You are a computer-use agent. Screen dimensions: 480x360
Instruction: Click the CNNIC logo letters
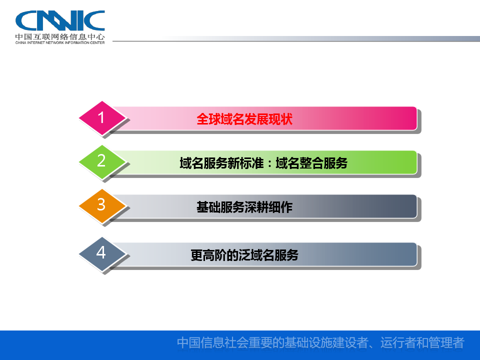tap(60, 20)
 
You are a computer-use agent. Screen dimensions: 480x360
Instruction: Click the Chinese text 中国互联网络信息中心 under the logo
tap(60, 36)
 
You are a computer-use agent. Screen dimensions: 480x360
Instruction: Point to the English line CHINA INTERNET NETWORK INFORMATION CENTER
tap(60, 42)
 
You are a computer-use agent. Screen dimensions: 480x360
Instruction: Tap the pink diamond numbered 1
tap(102, 118)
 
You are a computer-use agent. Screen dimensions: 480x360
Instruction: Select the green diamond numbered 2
tap(102, 161)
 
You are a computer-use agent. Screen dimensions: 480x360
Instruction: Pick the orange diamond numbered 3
tap(102, 205)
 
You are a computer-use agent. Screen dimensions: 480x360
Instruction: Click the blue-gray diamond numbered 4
tap(102, 254)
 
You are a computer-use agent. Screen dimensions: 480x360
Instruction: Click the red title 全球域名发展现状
tap(244, 119)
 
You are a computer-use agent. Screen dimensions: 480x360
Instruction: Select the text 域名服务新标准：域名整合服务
tap(263, 163)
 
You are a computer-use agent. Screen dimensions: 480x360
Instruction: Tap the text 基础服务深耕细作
tap(244, 207)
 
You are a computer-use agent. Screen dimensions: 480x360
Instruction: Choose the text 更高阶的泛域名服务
tap(244, 255)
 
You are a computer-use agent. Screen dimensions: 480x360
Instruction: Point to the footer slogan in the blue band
tap(320, 342)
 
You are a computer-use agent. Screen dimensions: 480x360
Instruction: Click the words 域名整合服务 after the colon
tap(311, 163)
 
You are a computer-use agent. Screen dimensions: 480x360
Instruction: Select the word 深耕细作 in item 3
tap(268, 207)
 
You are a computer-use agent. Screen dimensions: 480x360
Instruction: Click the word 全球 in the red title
tap(208, 119)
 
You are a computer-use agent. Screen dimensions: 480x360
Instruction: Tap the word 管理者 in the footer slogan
tap(446, 342)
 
